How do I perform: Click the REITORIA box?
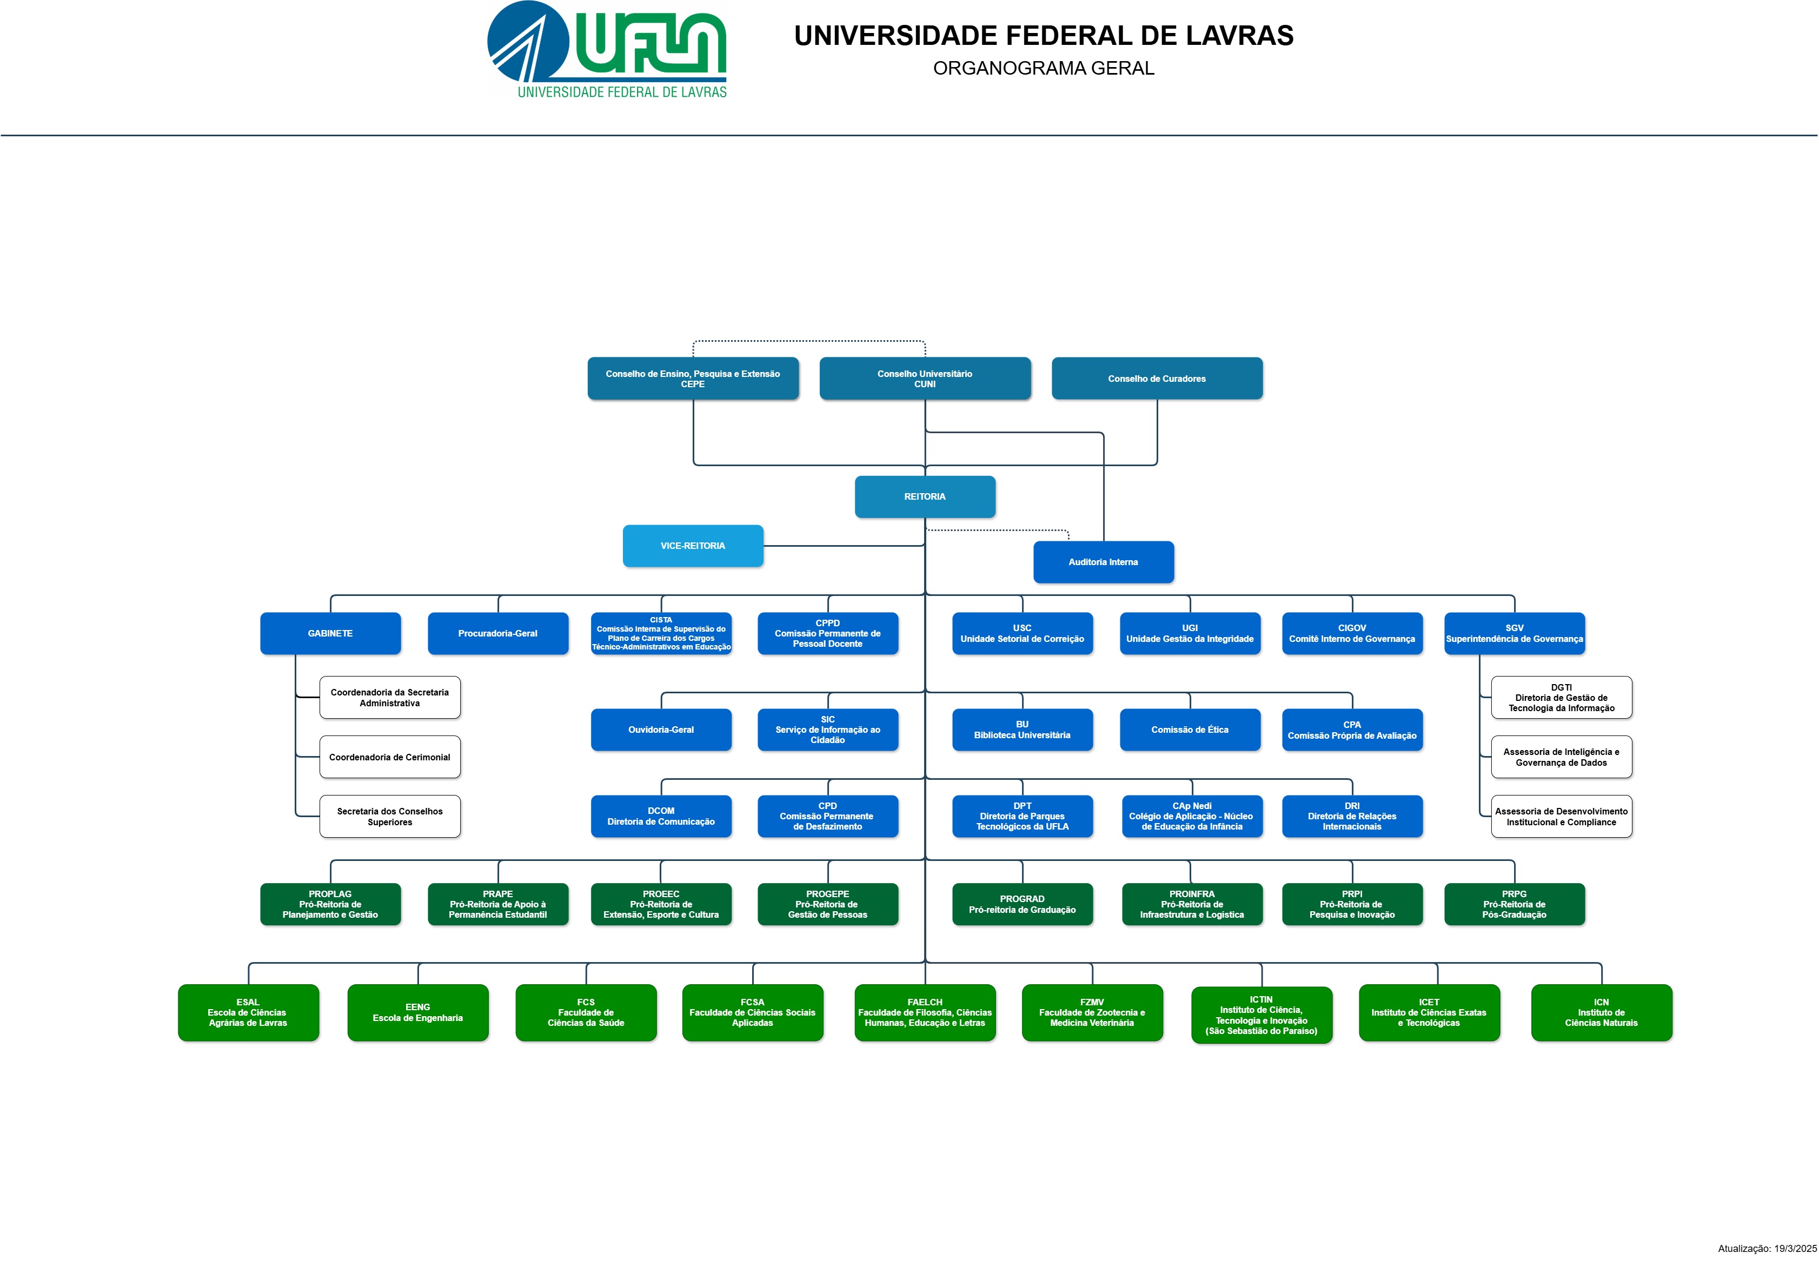925,497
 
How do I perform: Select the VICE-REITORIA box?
693,546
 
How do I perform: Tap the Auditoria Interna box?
1103,562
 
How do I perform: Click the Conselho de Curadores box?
1157,379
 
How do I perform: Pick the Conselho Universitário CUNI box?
925,379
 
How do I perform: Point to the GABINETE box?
330,633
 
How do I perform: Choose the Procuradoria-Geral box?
497,633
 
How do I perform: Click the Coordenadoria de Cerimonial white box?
390,757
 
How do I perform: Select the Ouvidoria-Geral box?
661,730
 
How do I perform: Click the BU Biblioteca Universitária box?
1022,730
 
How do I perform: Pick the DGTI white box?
1561,697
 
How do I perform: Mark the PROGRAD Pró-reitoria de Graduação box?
1022,904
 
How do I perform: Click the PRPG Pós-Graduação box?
1514,904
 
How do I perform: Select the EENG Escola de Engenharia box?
417,1012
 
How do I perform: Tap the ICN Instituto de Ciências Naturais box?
1601,1012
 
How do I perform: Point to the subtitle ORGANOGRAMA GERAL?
1044,68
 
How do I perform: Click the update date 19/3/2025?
1795,1249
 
